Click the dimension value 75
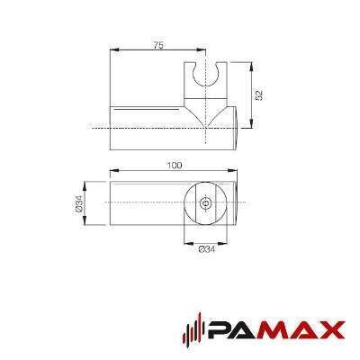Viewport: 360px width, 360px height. click(x=158, y=46)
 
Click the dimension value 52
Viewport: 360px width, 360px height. click(x=259, y=94)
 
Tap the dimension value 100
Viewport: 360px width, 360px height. click(x=175, y=166)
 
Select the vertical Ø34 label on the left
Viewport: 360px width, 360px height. click(x=78, y=203)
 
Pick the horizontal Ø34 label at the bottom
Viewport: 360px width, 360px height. click(x=207, y=249)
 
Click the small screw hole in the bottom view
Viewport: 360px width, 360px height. click(x=205, y=203)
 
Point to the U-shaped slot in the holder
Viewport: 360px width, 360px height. click(x=205, y=75)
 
